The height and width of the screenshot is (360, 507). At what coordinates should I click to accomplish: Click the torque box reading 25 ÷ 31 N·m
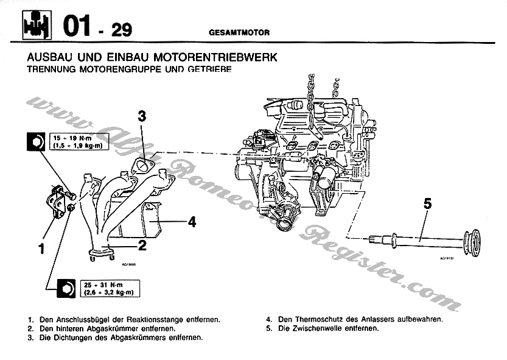(101, 288)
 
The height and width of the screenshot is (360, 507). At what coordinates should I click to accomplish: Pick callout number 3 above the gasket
(141, 116)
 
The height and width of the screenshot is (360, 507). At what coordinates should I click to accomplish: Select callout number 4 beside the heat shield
(192, 222)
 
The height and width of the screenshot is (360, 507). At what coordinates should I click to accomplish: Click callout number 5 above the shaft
(427, 204)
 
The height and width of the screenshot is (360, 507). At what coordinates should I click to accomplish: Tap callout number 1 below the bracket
(42, 248)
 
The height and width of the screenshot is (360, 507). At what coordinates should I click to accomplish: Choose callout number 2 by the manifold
(142, 245)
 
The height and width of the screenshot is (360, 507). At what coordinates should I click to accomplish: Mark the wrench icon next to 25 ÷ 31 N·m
(64, 288)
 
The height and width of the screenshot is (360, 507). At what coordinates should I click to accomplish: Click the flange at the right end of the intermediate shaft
(470, 242)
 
